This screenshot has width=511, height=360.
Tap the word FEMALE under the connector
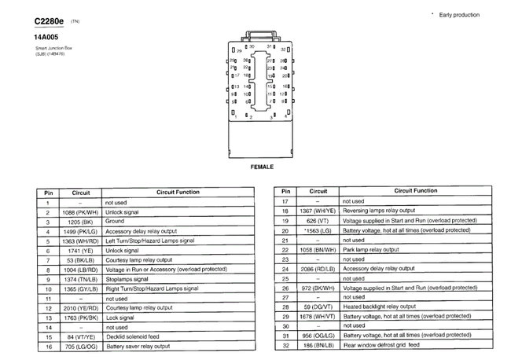click(x=262, y=167)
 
